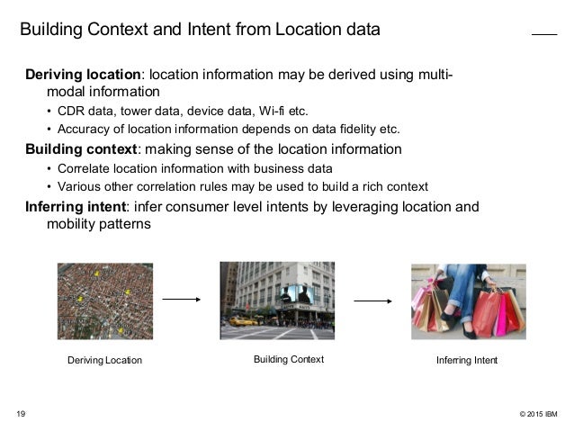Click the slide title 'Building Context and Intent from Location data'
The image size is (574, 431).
[x=201, y=30]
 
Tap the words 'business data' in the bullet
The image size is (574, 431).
[x=291, y=168]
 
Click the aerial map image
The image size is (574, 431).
[x=104, y=301]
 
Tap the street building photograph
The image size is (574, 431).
[x=277, y=301]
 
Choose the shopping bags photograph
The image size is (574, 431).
[x=468, y=301]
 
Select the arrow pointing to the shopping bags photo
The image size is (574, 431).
[x=372, y=301]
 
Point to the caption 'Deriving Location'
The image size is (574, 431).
[x=105, y=361]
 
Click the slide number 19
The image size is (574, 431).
[x=21, y=414]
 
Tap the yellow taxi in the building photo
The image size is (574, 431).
[x=241, y=320]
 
